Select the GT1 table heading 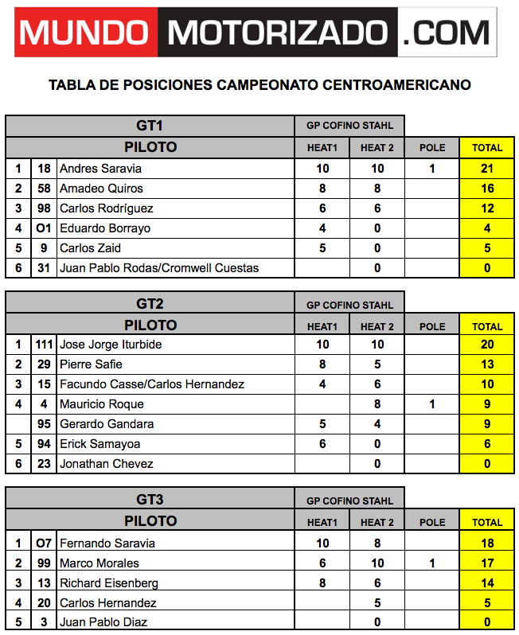[x=150, y=126]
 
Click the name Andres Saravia [x=101, y=169]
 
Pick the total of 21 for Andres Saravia [x=487, y=169]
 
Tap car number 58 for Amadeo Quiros [x=44, y=189]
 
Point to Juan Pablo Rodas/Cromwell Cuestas [x=159, y=268]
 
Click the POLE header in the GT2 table [x=432, y=326]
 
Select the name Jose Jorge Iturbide [x=111, y=345]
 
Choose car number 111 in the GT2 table [x=44, y=345]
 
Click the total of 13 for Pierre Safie [x=487, y=364]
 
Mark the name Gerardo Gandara [x=107, y=424]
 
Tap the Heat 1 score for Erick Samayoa [x=322, y=444]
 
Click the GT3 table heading [x=150, y=500]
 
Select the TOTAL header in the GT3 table [x=487, y=522]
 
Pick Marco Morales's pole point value [x=432, y=563]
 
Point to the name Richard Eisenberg [x=109, y=583]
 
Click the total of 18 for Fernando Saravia [x=487, y=543]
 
